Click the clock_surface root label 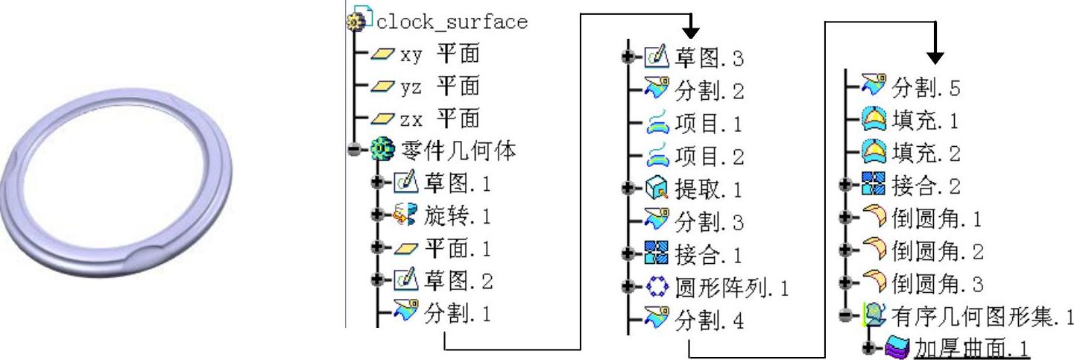click(451, 22)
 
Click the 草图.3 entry click(709, 57)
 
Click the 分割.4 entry click(709, 321)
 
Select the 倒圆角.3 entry click(937, 284)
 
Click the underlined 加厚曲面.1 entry click(970, 349)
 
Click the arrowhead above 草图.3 click(692, 31)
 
